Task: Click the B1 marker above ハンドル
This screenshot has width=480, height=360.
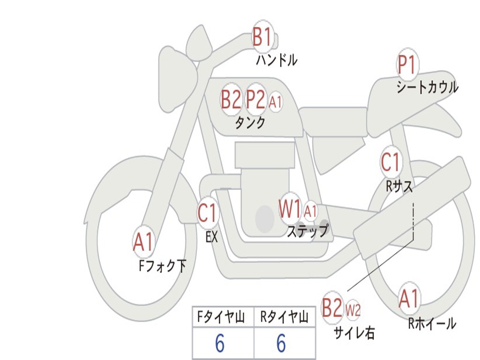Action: click(x=262, y=37)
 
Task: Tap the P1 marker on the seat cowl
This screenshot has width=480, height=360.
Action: click(x=407, y=65)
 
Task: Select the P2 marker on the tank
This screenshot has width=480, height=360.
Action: click(x=256, y=100)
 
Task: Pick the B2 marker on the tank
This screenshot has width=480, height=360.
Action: click(x=231, y=100)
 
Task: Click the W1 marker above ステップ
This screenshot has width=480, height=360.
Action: click(x=290, y=209)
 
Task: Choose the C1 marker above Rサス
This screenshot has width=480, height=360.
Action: click(x=390, y=162)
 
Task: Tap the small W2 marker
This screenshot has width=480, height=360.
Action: click(x=352, y=310)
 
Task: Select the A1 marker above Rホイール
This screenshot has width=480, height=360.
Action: click(x=409, y=299)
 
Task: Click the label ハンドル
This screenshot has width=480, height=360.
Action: click(x=277, y=60)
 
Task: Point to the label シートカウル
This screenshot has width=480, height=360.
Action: click(x=427, y=88)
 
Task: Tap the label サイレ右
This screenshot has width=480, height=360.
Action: click(x=354, y=332)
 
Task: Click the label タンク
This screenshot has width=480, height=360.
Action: click(x=250, y=122)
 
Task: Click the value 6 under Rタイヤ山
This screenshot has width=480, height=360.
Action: click(x=281, y=344)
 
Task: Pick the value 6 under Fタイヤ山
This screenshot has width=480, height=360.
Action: click(x=220, y=344)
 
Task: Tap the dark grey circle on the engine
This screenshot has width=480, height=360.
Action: click(x=264, y=218)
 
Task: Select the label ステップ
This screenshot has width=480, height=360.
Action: click(x=307, y=231)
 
